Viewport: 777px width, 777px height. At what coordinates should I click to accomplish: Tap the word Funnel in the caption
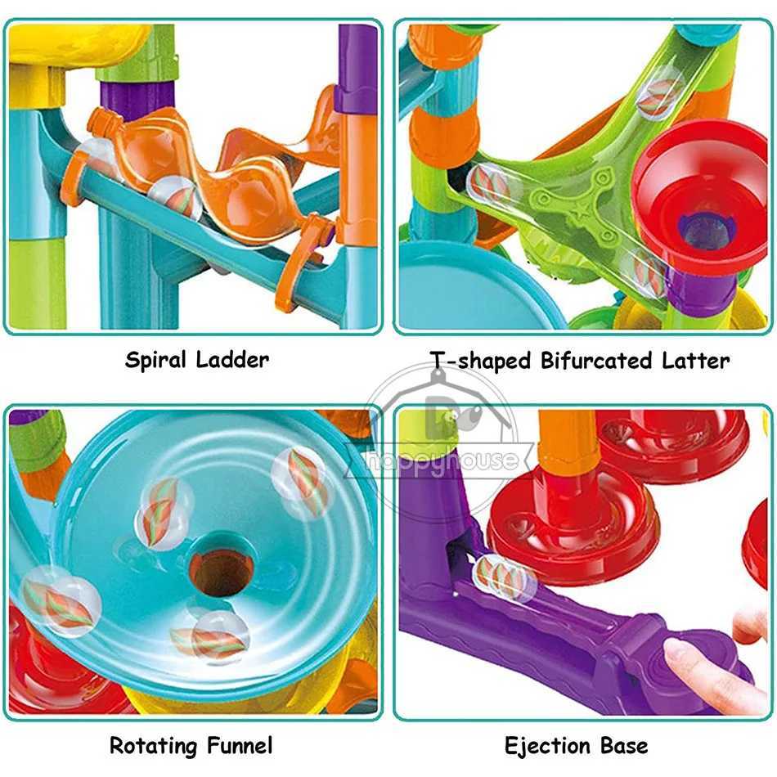239,745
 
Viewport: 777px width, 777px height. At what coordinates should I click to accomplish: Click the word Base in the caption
623,745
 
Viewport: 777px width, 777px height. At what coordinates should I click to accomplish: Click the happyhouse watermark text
442,460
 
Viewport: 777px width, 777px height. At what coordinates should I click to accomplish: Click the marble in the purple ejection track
504,576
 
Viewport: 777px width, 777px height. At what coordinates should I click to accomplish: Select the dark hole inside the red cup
703,232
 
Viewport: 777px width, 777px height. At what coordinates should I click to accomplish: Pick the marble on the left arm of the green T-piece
491,183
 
